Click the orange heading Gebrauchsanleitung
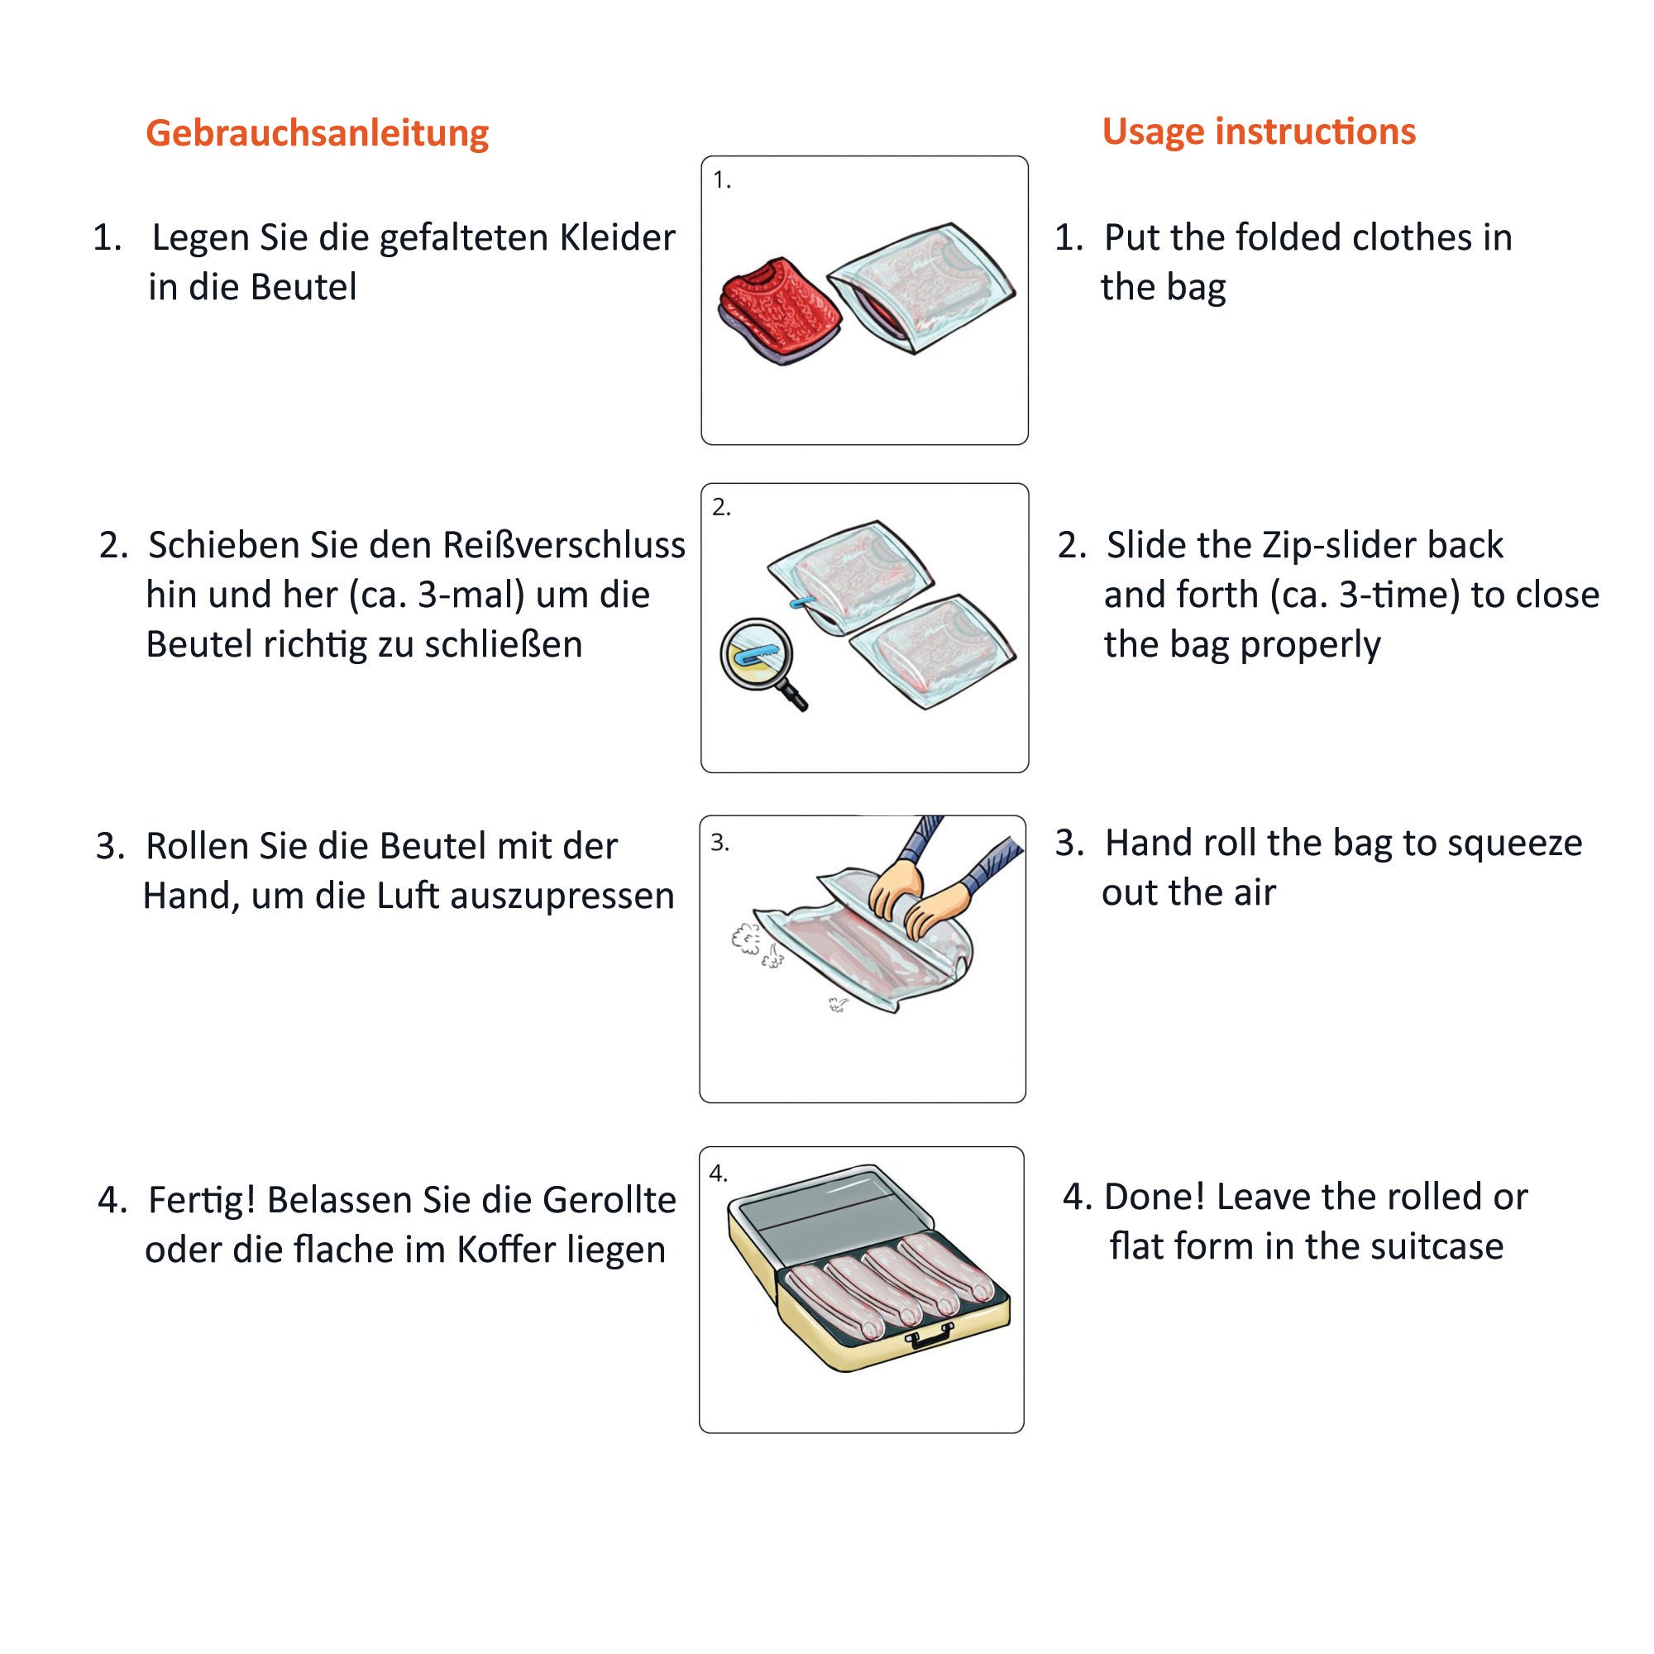coord(317,133)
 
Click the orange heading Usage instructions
coord(1259,131)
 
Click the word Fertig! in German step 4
coord(202,1200)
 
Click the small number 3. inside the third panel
coord(719,844)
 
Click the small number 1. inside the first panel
coord(722,179)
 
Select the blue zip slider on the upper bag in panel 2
coord(798,603)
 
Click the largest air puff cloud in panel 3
coord(746,939)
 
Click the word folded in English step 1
coord(1307,238)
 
